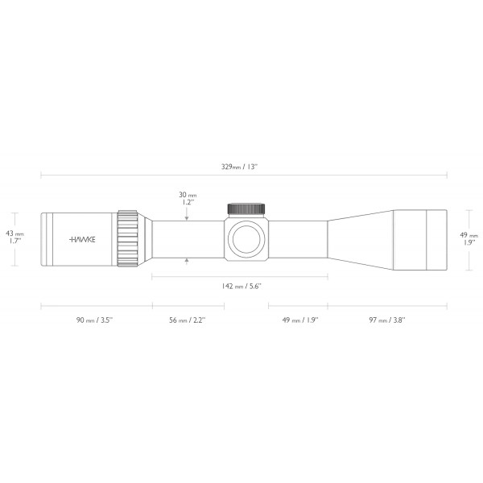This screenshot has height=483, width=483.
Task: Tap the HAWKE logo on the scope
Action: click(81, 240)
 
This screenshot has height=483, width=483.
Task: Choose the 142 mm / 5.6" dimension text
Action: click(241, 287)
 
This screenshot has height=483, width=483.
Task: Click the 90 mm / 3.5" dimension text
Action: click(94, 320)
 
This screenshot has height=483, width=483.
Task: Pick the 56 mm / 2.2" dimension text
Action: click(186, 320)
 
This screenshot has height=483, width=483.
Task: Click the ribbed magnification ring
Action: click(127, 239)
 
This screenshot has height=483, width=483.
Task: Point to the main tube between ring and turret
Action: click(185, 239)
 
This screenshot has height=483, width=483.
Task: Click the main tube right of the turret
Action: click(298, 239)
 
